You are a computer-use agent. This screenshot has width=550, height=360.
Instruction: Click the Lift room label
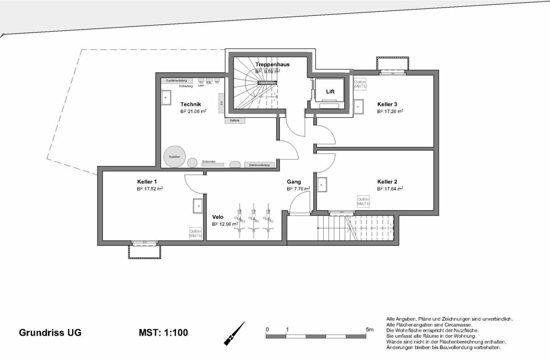click(330, 91)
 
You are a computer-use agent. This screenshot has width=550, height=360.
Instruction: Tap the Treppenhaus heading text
click(272, 64)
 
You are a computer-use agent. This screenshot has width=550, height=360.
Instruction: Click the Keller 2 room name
click(387, 182)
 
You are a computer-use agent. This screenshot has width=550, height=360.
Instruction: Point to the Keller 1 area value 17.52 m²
click(150, 189)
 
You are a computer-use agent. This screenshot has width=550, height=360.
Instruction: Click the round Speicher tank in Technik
click(175, 157)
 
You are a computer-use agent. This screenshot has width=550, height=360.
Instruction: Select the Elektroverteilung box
click(259, 165)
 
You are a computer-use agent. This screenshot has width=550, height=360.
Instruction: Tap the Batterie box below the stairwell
click(234, 121)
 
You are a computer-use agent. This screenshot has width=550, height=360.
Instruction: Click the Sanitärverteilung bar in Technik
click(177, 81)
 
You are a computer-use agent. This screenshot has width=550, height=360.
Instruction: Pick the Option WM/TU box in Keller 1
click(195, 233)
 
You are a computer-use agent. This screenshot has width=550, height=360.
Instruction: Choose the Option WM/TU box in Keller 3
click(360, 85)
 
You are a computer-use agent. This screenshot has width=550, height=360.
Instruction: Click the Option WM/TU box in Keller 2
click(363, 202)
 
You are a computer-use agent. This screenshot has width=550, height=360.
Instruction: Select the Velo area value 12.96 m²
click(225, 224)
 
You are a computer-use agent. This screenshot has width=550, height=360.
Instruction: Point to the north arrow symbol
click(234, 333)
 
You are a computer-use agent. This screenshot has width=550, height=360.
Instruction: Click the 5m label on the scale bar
click(370, 329)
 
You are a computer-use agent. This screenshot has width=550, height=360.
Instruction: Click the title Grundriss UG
click(50, 333)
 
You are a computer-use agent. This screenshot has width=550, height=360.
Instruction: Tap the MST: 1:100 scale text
click(163, 333)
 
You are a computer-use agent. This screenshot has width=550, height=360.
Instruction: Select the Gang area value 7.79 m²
click(298, 189)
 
